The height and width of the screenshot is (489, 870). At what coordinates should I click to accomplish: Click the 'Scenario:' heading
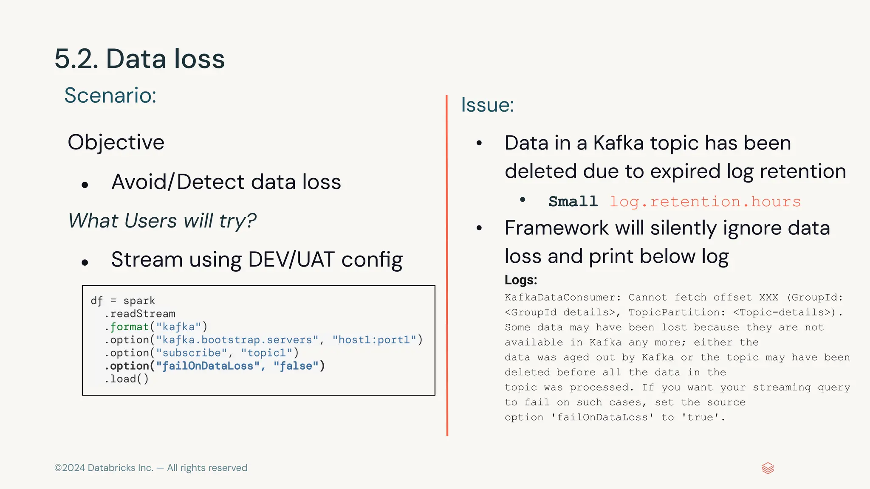[x=110, y=95]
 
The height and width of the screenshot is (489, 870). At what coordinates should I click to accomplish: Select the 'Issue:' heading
[x=487, y=105]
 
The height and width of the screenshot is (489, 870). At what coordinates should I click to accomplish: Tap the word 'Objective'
[x=116, y=142]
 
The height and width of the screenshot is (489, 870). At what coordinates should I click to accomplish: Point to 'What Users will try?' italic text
[x=162, y=221]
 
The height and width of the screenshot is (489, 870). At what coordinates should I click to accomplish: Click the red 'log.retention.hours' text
[x=705, y=202]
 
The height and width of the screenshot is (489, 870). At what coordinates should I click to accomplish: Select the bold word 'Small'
[x=573, y=202]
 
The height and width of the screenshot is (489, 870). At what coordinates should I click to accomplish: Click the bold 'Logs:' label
[x=521, y=280]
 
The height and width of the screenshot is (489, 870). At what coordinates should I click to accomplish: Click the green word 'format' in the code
[x=129, y=327]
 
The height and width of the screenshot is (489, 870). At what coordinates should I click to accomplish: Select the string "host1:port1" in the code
[x=374, y=340]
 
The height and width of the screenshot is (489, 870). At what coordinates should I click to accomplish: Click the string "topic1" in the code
[x=266, y=353]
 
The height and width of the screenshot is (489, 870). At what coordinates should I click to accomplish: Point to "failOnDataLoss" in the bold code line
[x=208, y=366]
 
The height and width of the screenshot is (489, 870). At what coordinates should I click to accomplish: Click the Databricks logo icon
[x=768, y=468]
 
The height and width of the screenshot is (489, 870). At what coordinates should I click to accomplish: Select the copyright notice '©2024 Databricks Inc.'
[x=104, y=468]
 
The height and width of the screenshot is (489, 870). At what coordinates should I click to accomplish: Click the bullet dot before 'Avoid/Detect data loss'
[x=85, y=185]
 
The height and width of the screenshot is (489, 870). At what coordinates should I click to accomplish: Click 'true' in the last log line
[x=701, y=418]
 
